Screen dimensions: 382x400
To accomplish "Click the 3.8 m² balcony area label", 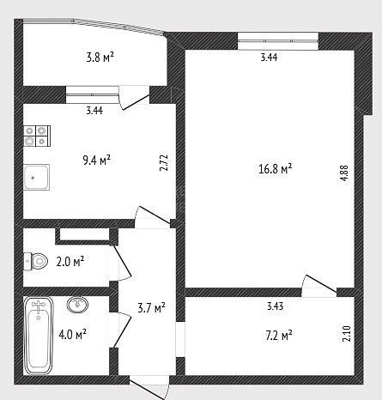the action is (x=100, y=58).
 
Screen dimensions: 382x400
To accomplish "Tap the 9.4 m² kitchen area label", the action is (x=96, y=161).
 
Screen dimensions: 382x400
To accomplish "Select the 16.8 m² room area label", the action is (x=275, y=169).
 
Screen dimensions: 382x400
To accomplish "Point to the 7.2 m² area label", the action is (x=279, y=335).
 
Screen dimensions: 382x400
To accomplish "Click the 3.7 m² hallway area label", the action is (x=151, y=308).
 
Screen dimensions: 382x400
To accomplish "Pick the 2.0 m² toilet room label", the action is (x=70, y=262).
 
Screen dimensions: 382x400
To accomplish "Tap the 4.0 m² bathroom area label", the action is (x=72, y=334).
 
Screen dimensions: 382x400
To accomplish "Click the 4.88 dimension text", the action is (x=344, y=173).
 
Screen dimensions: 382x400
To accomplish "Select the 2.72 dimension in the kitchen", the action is (x=164, y=163).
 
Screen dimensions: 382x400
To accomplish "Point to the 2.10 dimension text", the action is (x=346, y=334).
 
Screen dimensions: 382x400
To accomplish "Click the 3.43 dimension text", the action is (x=276, y=306).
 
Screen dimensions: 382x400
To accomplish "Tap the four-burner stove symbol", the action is (x=37, y=136).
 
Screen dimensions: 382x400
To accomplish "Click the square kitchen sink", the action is (x=37, y=178).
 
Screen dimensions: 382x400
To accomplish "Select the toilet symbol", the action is (x=35, y=261).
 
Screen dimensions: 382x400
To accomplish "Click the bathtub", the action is (x=39, y=336).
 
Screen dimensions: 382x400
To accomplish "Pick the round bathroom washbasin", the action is (x=77, y=304).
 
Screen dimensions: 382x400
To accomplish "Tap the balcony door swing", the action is (x=134, y=98).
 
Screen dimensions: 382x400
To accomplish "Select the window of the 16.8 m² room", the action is (x=278, y=41).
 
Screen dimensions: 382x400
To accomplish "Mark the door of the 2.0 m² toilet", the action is (x=121, y=262).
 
